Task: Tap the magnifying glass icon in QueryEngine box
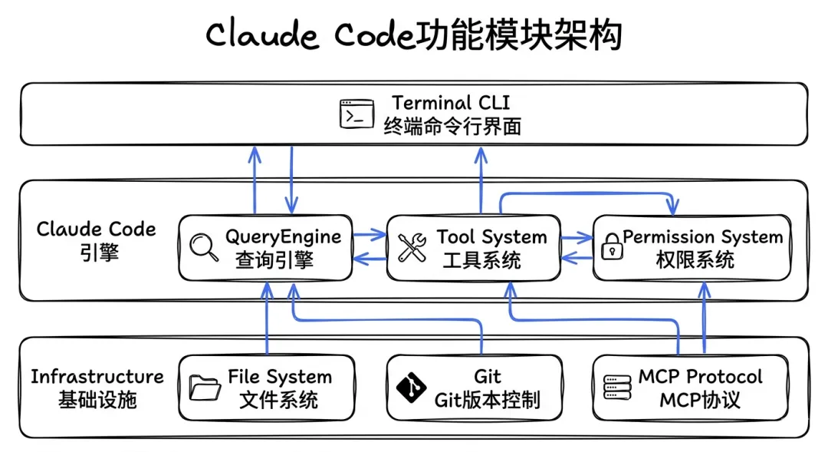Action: tap(203, 247)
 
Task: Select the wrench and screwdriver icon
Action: tap(412, 248)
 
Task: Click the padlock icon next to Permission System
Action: tap(611, 248)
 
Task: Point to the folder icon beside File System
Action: tap(205, 388)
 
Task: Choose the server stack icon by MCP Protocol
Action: tap(613, 388)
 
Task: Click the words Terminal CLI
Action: tap(451, 103)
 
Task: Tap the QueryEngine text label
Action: tap(283, 236)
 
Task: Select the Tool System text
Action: tap(491, 236)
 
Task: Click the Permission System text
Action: tap(702, 236)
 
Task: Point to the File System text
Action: tap(279, 377)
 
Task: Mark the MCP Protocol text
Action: tap(700, 377)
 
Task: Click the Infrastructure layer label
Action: tap(97, 377)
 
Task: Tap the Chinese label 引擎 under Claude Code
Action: tap(99, 252)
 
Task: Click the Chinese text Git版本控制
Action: tap(487, 400)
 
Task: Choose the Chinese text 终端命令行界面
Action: tap(452, 126)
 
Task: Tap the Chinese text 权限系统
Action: tap(695, 259)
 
